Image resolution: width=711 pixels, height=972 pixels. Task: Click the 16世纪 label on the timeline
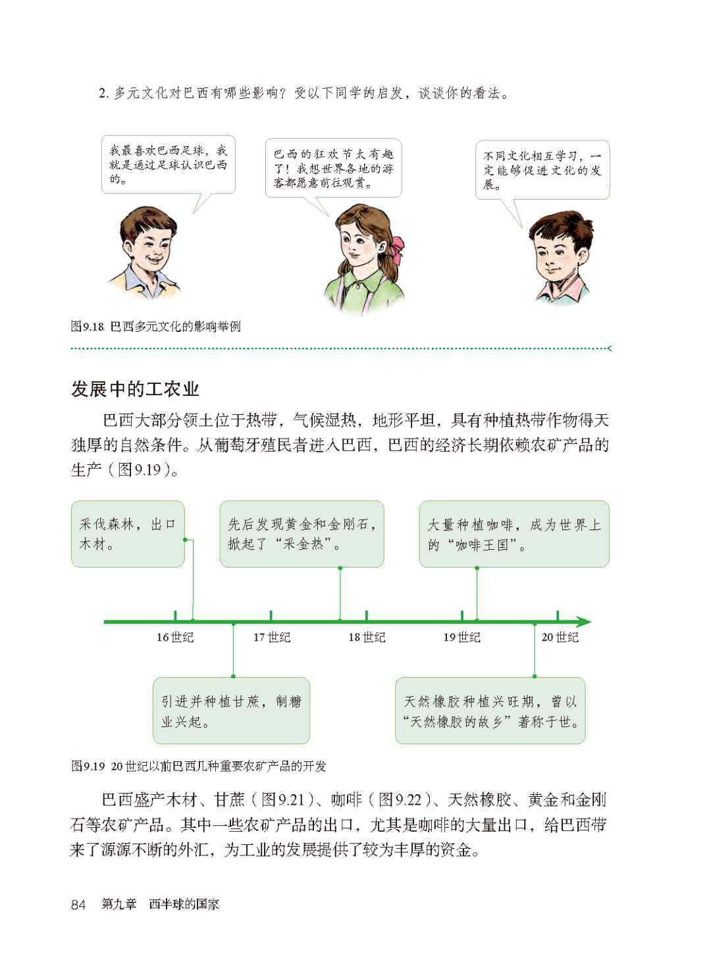[175, 637]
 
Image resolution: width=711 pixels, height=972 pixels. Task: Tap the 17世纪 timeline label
[271, 637]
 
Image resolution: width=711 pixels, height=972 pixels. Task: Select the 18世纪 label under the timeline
[367, 637]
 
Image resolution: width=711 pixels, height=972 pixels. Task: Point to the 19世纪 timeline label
[461, 637]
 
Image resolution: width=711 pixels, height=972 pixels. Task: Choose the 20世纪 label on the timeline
[560, 637]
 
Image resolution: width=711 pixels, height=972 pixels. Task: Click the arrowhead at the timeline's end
[584, 622]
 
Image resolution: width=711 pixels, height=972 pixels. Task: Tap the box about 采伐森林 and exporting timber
[128, 533]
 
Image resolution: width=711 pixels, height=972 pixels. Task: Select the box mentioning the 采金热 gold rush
[302, 533]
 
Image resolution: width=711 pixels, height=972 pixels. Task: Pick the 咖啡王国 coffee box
[514, 533]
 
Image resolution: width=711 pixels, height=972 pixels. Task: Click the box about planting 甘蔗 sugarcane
[231, 711]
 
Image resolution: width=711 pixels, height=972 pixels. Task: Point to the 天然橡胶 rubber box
[490, 711]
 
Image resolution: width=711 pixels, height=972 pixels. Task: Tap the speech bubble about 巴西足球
[169, 165]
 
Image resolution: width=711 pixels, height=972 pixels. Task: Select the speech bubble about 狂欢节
[334, 169]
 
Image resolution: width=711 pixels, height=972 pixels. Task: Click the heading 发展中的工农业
[135, 389]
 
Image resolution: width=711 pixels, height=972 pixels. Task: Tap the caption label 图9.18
[87, 327]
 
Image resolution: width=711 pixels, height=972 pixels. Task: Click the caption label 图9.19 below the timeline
[88, 767]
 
